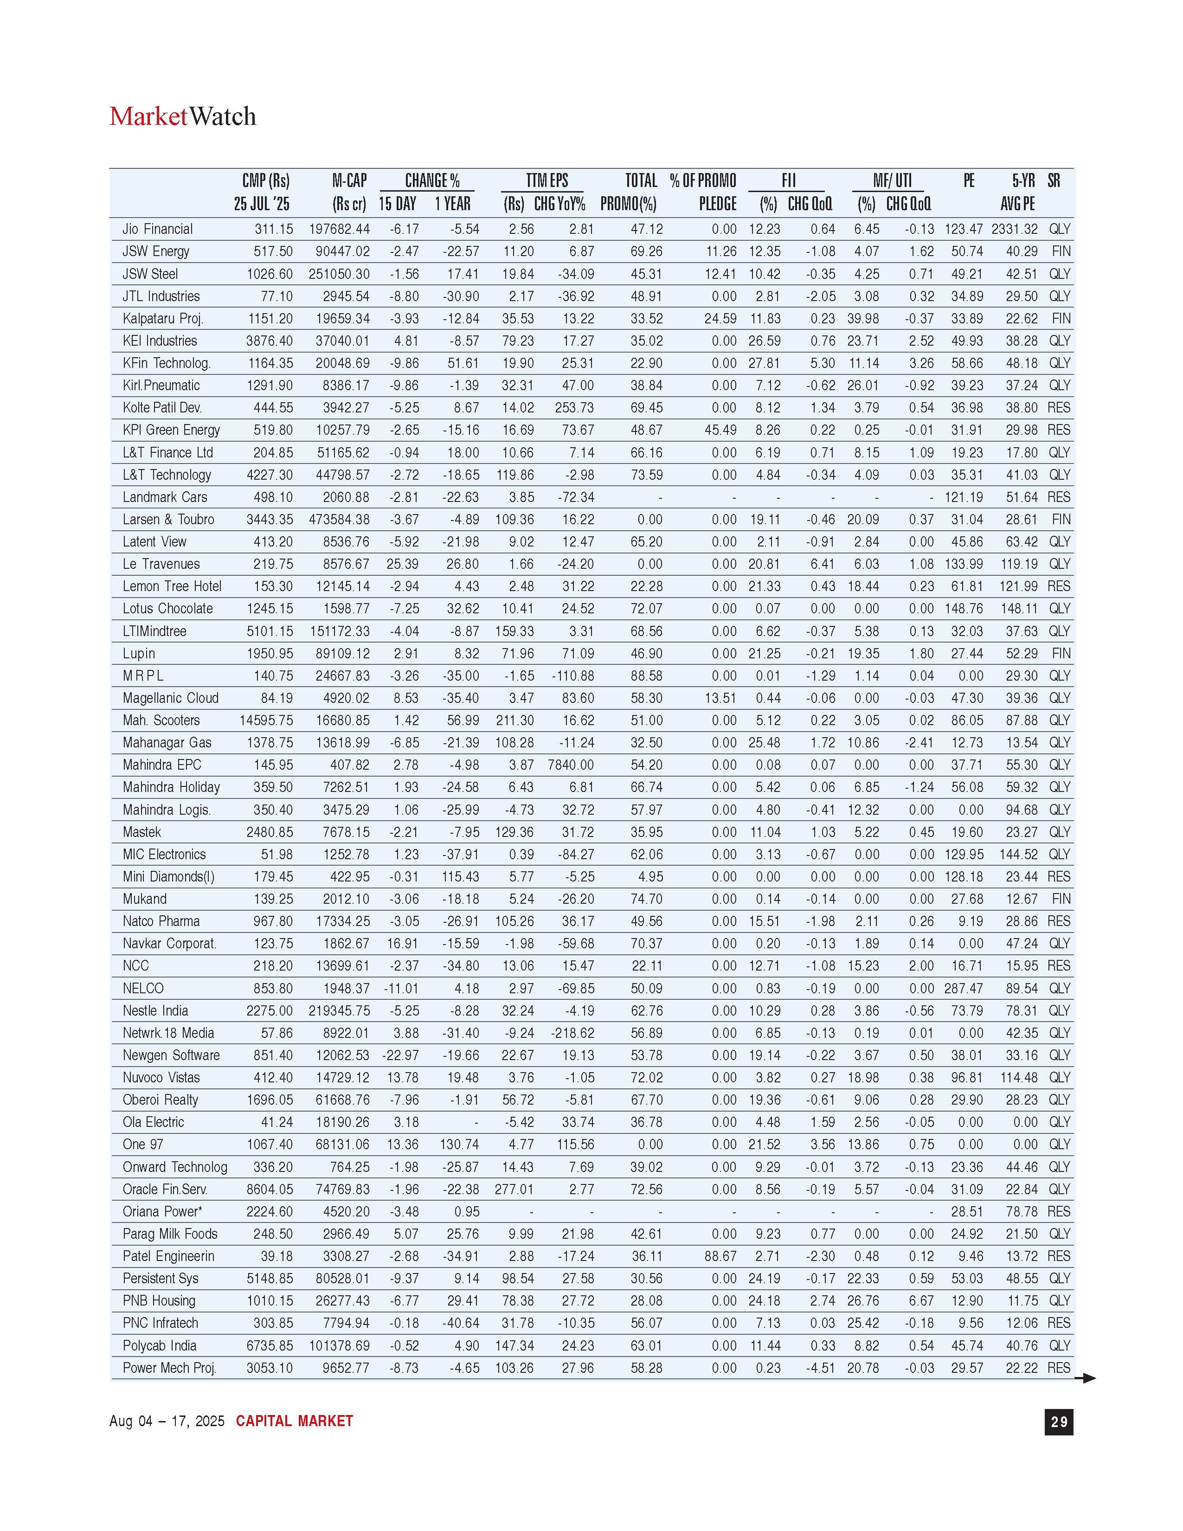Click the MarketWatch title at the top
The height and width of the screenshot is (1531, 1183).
click(x=182, y=116)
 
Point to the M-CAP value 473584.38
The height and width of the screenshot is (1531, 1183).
click(x=339, y=520)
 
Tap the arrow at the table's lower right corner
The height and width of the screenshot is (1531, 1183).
click(x=1086, y=1378)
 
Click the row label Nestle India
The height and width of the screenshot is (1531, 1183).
click(x=155, y=1011)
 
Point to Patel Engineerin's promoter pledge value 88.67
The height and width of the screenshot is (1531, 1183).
click(x=720, y=1256)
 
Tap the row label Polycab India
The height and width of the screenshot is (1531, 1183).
click(x=159, y=1345)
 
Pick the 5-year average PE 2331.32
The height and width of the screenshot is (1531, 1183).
click(x=1014, y=229)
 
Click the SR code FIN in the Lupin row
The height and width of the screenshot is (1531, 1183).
click(x=1061, y=653)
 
